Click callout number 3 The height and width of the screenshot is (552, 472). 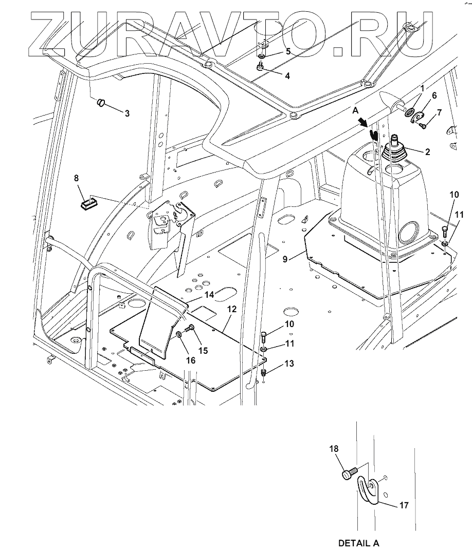click(127, 113)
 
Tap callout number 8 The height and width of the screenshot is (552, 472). click(77, 178)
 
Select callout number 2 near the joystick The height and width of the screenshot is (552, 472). click(428, 152)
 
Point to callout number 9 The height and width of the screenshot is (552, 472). click(285, 259)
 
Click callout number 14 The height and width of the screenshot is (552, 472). click(209, 295)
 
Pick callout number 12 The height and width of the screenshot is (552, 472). click(231, 309)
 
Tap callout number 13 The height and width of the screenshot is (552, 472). click(289, 364)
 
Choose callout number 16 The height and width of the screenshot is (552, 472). click(191, 360)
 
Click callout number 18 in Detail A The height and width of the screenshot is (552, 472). click(334, 449)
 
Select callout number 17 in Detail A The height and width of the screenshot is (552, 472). click(404, 505)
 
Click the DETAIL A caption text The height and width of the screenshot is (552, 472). click(358, 543)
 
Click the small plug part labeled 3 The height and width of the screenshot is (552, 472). click(101, 103)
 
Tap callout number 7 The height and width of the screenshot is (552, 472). click(439, 112)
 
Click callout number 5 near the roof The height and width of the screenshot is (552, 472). click(288, 52)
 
